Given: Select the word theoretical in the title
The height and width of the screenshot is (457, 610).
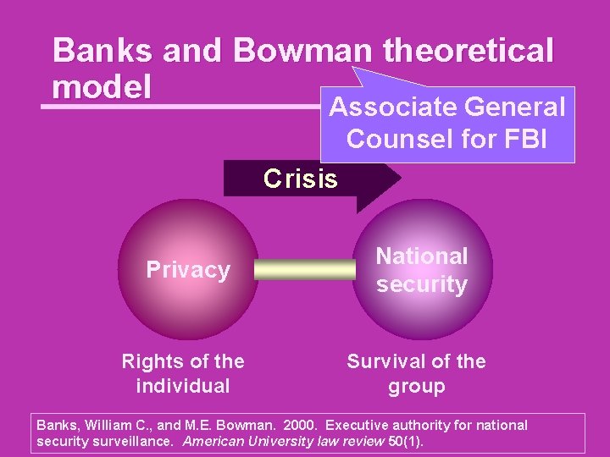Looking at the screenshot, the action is pos(469,51).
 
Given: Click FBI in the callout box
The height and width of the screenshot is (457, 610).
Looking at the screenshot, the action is pos(528,138).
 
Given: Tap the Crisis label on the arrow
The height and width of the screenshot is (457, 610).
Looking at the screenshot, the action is pos(300,179).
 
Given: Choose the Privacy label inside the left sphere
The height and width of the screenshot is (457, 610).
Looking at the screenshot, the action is pos(188,270).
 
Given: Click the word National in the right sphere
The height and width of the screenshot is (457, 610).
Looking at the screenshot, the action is pos(421,256).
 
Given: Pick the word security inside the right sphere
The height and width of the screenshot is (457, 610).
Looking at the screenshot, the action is pos(422,284).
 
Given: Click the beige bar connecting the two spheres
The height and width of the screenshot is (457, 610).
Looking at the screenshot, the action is pos(305,270).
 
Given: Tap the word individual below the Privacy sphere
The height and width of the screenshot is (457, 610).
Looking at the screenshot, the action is pos(183,386).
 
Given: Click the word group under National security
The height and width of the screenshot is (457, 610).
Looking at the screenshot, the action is pos(417,387).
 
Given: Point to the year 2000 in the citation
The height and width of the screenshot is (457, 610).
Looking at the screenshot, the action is pos(300,425).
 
